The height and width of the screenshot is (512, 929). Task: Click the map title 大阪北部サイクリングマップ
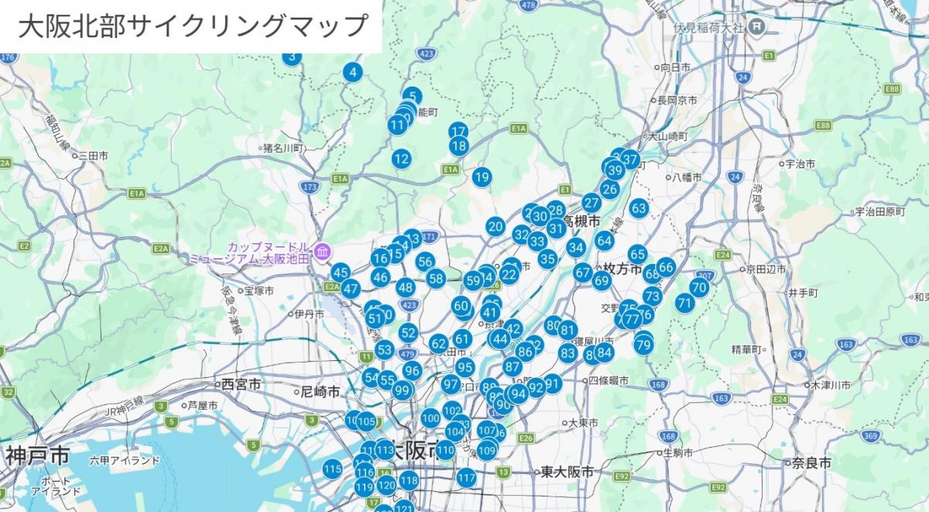point(191,26)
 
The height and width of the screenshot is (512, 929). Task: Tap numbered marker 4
point(352,73)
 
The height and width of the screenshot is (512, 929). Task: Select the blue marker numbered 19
point(482,177)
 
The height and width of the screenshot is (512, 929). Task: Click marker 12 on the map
point(401,160)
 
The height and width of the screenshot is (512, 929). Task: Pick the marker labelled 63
point(639,208)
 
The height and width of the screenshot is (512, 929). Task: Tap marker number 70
point(699,287)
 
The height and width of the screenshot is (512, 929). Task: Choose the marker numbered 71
point(684,303)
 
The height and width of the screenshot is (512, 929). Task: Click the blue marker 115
point(333,469)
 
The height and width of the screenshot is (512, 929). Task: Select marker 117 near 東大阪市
point(466,478)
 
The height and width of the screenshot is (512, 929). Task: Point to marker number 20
point(495,226)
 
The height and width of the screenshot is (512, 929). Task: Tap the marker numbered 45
point(341,272)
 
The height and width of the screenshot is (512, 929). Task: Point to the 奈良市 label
point(811,462)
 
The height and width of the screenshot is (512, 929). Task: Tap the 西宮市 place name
point(241,384)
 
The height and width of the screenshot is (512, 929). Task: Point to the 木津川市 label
point(832,385)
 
